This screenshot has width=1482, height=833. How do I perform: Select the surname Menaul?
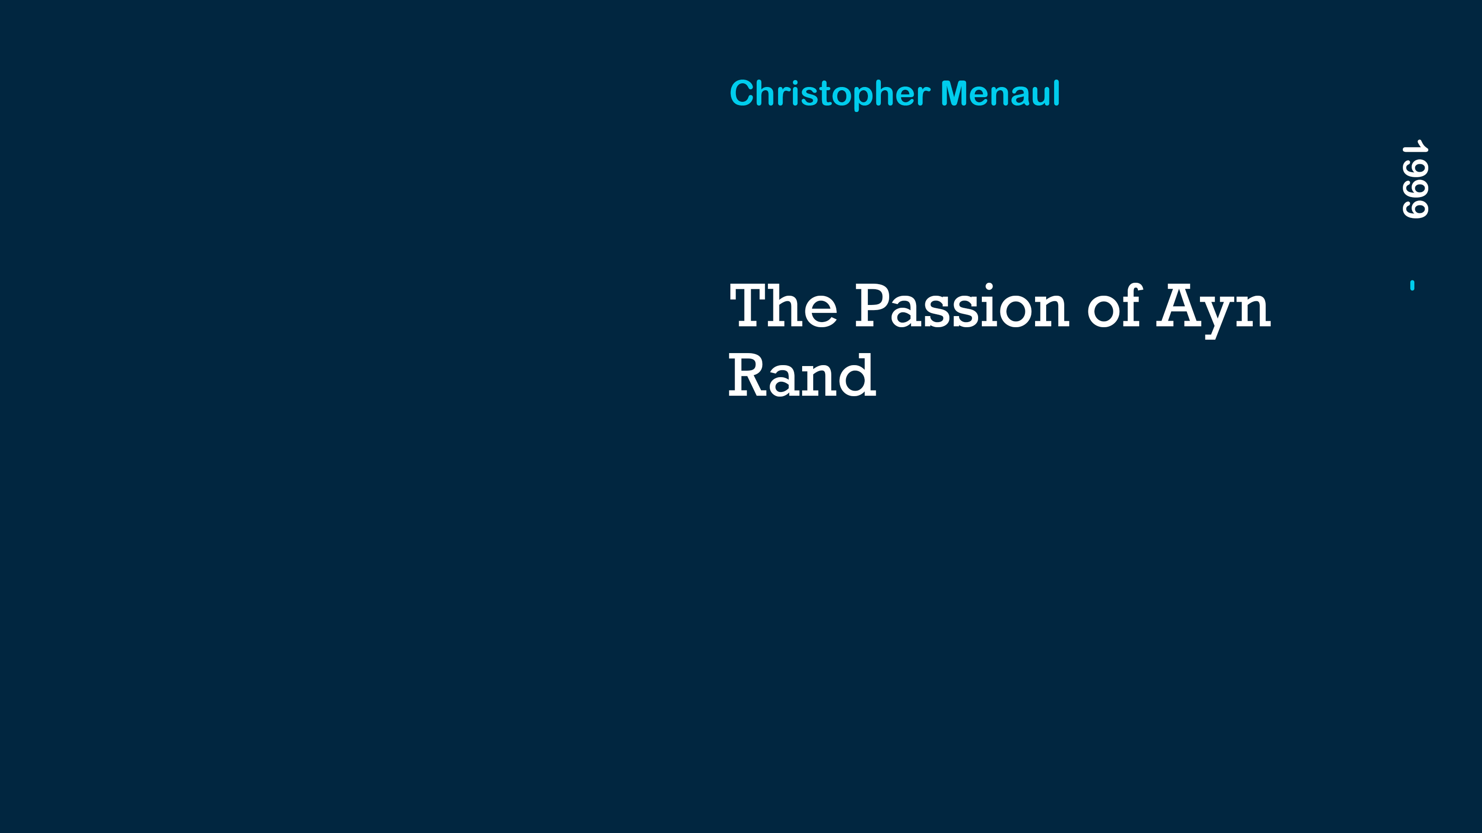[1000, 93]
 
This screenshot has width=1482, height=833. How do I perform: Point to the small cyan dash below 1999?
[1413, 285]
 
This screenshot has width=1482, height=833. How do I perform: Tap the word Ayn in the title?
[1213, 311]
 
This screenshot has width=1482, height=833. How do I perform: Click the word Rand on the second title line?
[803, 375]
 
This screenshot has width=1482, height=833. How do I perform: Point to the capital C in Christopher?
[741, 93]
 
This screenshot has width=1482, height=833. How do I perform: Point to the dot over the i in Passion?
[989, 286]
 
